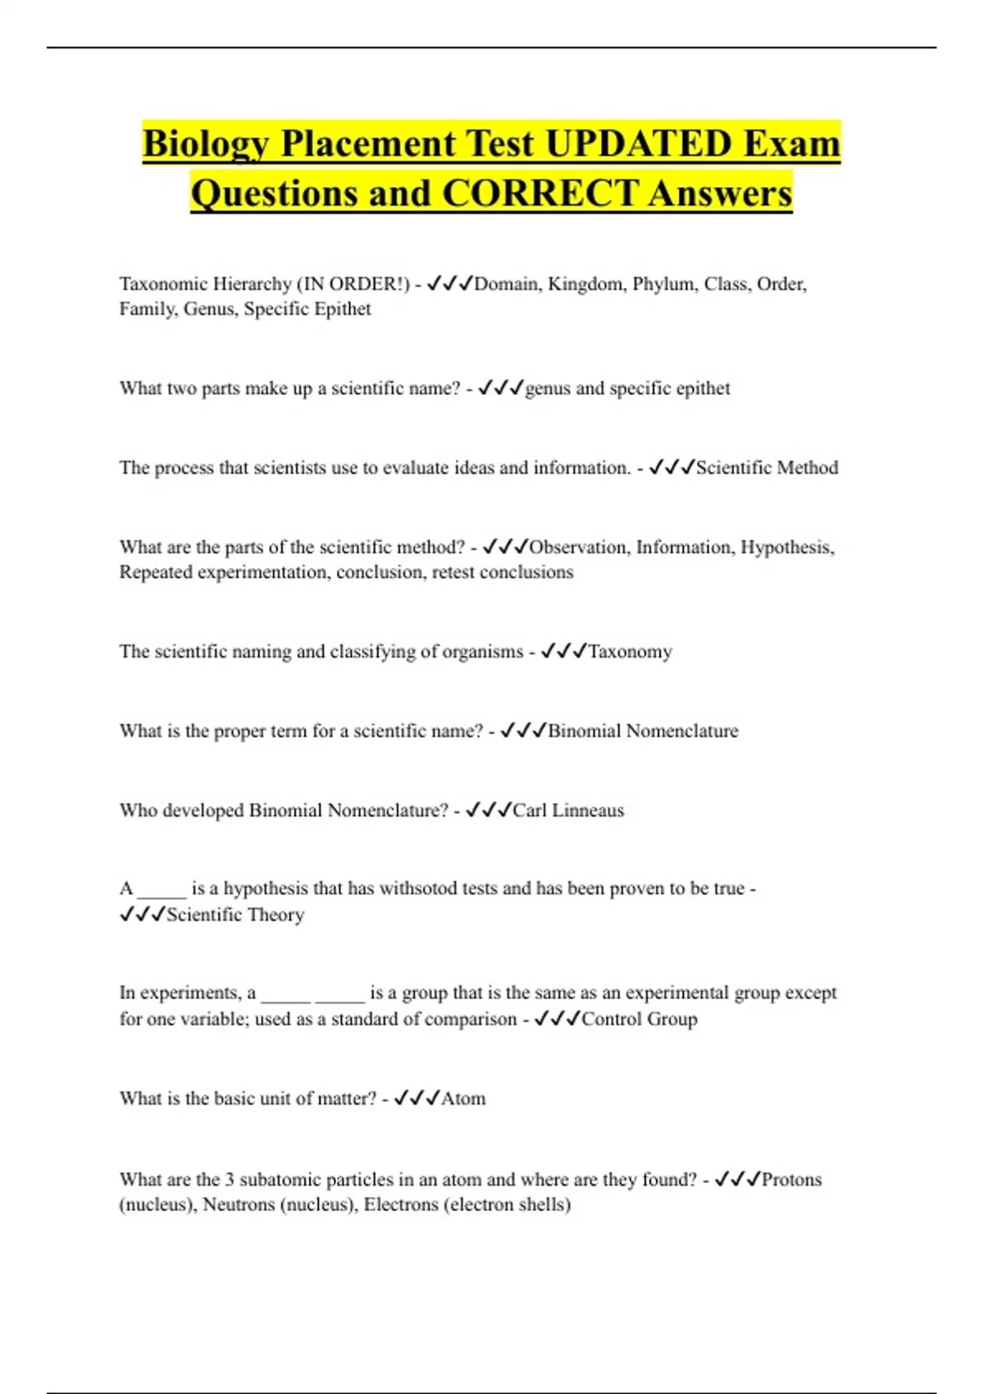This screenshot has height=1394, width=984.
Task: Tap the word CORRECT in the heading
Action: click(540, 194)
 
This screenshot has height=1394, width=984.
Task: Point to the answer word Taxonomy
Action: click(630, 652)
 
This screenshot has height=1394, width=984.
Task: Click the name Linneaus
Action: click(588, 810)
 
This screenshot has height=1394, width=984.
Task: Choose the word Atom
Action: click(463, 1098)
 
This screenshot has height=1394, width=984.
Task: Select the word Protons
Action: click(791, 1179)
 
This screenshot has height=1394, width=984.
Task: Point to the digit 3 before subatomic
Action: click(230, 1179)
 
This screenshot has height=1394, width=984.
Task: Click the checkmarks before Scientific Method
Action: click(671, 467)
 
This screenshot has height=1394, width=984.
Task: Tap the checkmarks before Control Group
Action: click(557, 1018)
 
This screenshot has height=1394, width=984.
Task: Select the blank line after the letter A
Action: click(162, 890)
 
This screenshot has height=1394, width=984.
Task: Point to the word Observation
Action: click(579, 547)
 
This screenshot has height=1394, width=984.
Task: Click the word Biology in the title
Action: click(207, 143)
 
